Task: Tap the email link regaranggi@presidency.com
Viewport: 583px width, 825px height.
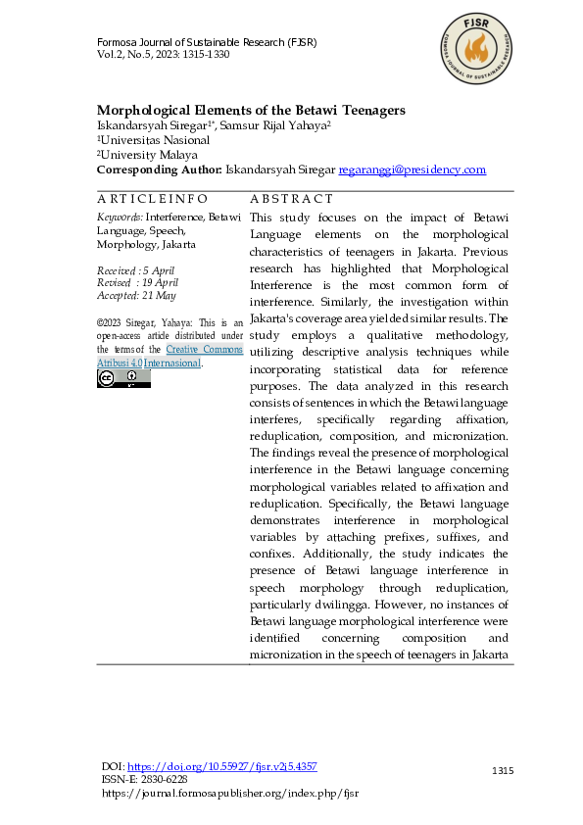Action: pyautogui.click(x=412, y=170)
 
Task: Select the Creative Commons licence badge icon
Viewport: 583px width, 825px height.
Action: pyautogui.click(x=123, y=378)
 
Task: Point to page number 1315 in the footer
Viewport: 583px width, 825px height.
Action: pyautogui.click(x=503, y=772)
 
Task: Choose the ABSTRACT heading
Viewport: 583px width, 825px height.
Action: pyautogui.click(x=292, y=199)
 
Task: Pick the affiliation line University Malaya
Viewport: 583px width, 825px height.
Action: pyautogui.click(x=148, y=155)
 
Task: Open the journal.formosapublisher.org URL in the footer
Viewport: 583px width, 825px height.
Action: pyautogui.click(x=230, y=793)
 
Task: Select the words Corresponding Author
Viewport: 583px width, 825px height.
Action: pyautogui.click(x=159, y=170)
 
